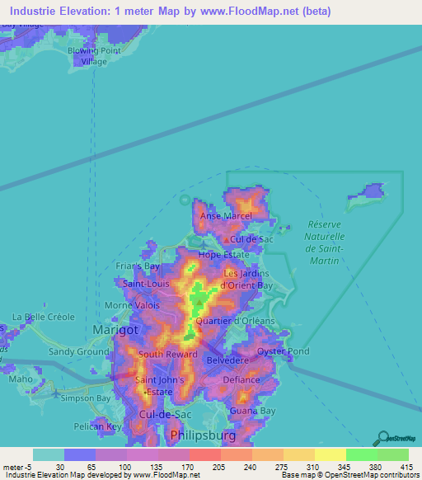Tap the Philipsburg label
click(202, 434)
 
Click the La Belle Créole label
click(43, 317)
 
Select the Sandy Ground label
click(79, 351)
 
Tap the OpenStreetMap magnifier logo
click(383, 437)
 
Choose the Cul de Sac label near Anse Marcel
click(252, 239)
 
